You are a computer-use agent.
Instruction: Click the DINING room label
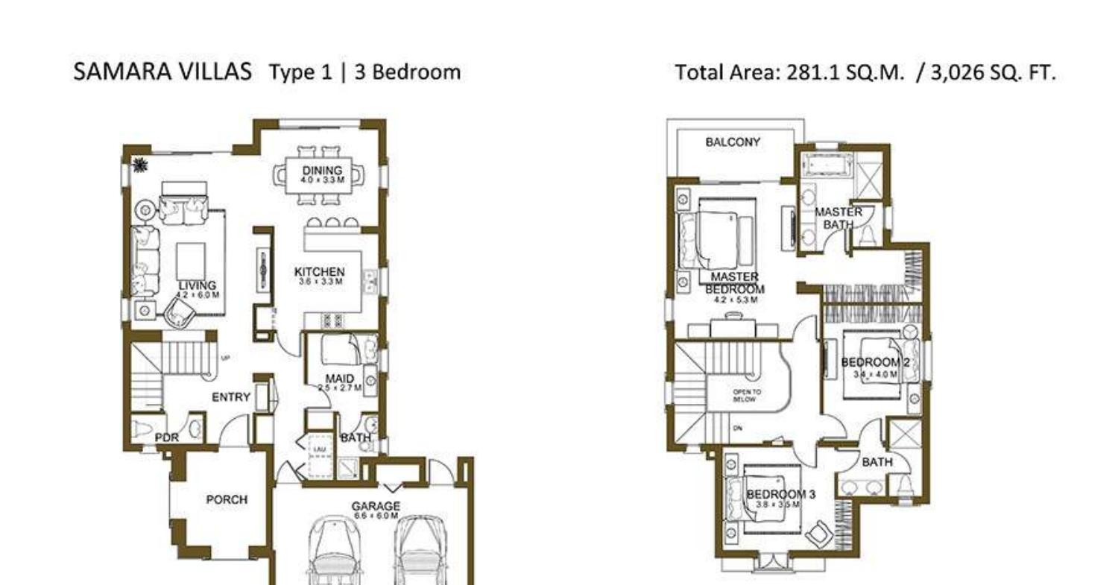[x=322, y=171]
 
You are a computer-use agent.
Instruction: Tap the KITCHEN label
[x=319, y=272]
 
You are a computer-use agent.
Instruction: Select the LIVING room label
[x=198, y=286]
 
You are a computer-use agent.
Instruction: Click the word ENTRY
[x=230, y=397]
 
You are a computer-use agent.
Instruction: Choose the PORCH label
[x=227, y=499]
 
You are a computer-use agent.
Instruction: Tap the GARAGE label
[x=376, y=507]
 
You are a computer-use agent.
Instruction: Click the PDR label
[x=167, y=438]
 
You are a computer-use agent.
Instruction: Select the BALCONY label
[x=733, y=142]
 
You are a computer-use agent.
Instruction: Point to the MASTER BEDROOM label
[x=735, y=283]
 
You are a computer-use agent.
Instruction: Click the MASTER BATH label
[x=838, y=218]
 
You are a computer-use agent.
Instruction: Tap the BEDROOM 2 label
[x=875, y=363]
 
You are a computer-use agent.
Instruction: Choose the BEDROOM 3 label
[x=780, y=494]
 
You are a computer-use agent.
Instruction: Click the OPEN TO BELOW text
[x=746, y=395]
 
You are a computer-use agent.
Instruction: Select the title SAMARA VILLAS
[x=162, y=72]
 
